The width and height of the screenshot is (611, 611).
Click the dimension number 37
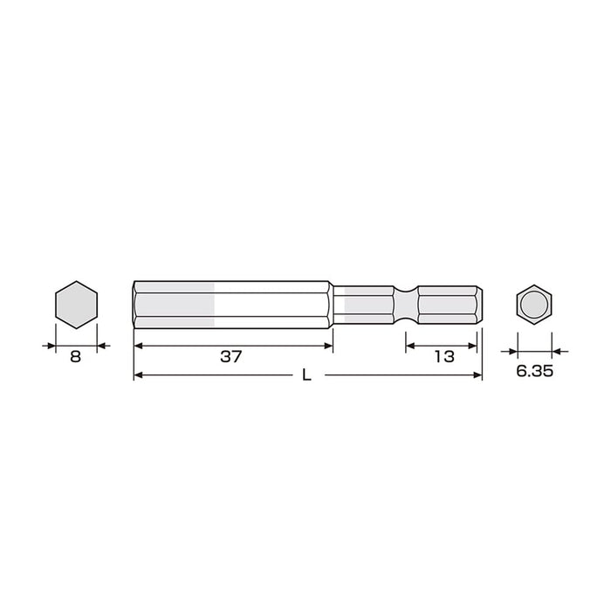click(231, 356)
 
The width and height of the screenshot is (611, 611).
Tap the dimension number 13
click(444, 356)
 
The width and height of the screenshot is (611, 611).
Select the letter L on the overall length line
click(307, 375)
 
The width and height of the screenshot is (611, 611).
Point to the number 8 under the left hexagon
click(76, 356)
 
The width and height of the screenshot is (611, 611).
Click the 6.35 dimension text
click(534, 371)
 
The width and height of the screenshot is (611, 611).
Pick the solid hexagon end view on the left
click(77, 305)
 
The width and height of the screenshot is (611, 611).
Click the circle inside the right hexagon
click(534, 305)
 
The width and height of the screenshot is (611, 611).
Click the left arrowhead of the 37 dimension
click(138, 346)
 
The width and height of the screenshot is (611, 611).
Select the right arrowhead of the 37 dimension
click(328, 346)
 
